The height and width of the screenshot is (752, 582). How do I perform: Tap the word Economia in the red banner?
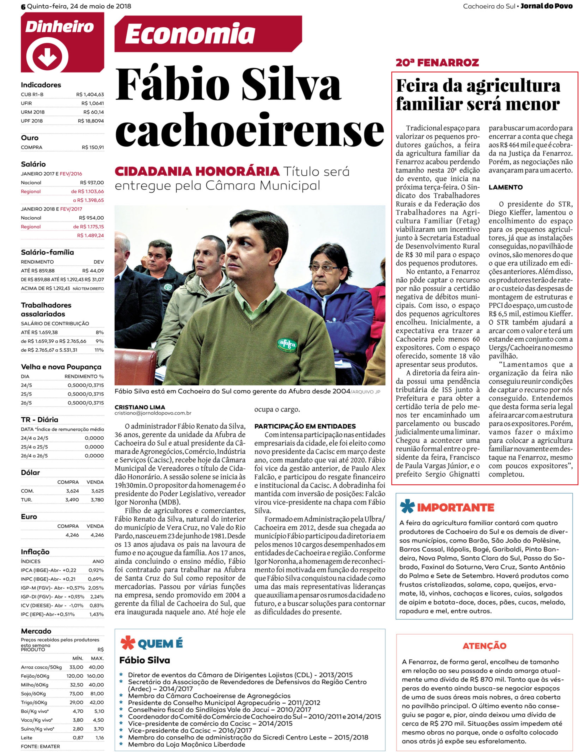tap(190, 34)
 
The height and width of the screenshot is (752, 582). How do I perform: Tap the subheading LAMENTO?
tap(505, 187)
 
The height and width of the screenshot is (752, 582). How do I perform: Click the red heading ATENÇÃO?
tap(484, 646)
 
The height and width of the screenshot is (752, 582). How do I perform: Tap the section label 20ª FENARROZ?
tap(437, 63)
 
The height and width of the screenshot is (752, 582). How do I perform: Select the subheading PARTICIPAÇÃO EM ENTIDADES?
tap(305, 426)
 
